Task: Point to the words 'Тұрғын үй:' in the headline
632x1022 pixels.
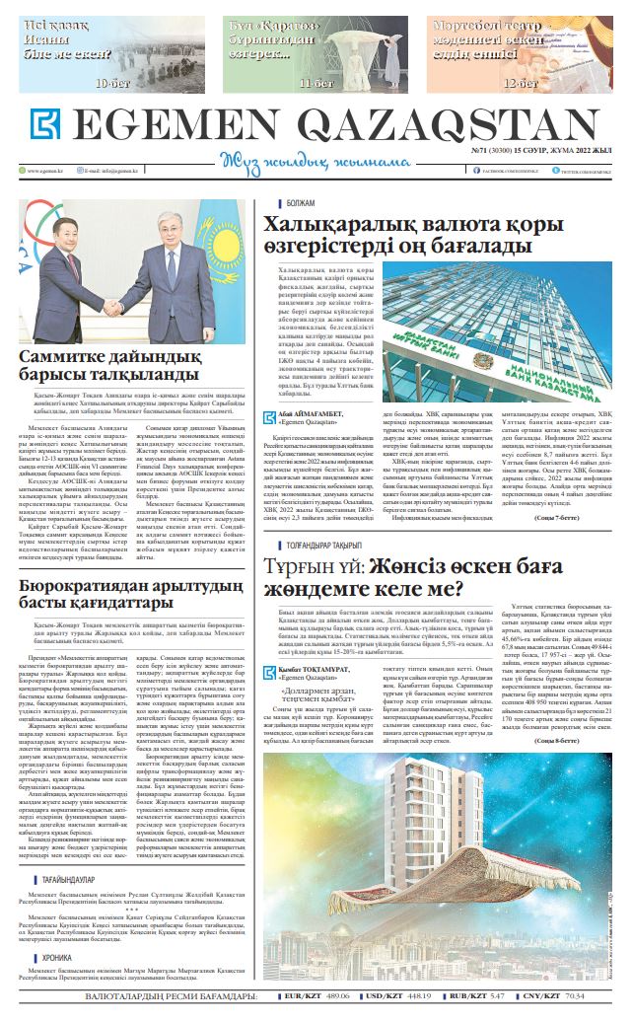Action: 315,541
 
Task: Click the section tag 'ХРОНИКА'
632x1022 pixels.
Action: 57,957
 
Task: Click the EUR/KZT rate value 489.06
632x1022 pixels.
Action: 336,996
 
